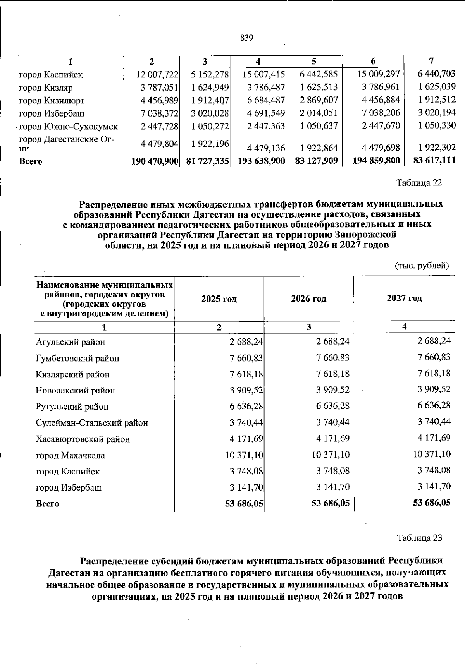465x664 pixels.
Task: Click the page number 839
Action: [246, 38]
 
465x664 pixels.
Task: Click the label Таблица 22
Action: [419, 183]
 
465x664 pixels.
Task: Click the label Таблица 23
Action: [419, 538]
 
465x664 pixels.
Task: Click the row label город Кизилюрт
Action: [52, 101]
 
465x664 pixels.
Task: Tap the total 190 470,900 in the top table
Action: [155, 161]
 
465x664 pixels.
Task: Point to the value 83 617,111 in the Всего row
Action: [434, 160]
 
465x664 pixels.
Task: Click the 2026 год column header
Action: [308, 299]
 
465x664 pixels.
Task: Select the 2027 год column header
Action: [404, 298]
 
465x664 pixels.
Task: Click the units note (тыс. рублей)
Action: [422, 266]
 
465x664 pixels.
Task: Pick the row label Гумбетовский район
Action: [77, 359]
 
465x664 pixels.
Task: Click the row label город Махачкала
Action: [70, 456]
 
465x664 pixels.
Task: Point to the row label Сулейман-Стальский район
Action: [92, 423]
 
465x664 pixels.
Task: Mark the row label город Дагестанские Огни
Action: [67, 144]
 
